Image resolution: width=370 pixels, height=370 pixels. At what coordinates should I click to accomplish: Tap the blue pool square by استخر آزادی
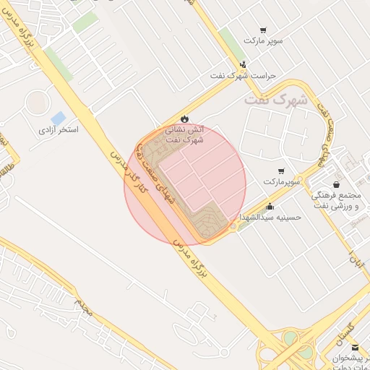coord(58,117)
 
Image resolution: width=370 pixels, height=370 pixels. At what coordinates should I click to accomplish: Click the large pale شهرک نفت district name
coord(275,100)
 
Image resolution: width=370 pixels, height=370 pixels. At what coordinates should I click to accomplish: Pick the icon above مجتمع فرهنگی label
coord(337,185)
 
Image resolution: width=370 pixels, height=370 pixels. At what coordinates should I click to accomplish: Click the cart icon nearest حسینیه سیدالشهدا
coord(280,171)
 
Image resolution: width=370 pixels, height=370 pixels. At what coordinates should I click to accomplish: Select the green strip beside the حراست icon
coord(231,43)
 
